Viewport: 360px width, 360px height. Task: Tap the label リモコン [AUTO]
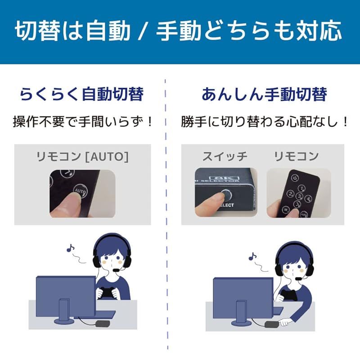[82, 156]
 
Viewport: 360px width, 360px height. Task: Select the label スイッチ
[225, 156]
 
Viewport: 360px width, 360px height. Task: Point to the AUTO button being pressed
[80, 191]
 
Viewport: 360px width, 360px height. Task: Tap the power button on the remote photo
[295, 178]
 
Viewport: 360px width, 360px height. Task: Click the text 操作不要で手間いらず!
[83, 121]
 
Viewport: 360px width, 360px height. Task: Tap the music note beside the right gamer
[252, 257]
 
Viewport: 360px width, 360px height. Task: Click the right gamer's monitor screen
[243, 297]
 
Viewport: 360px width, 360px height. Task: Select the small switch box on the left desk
[103, 323]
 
